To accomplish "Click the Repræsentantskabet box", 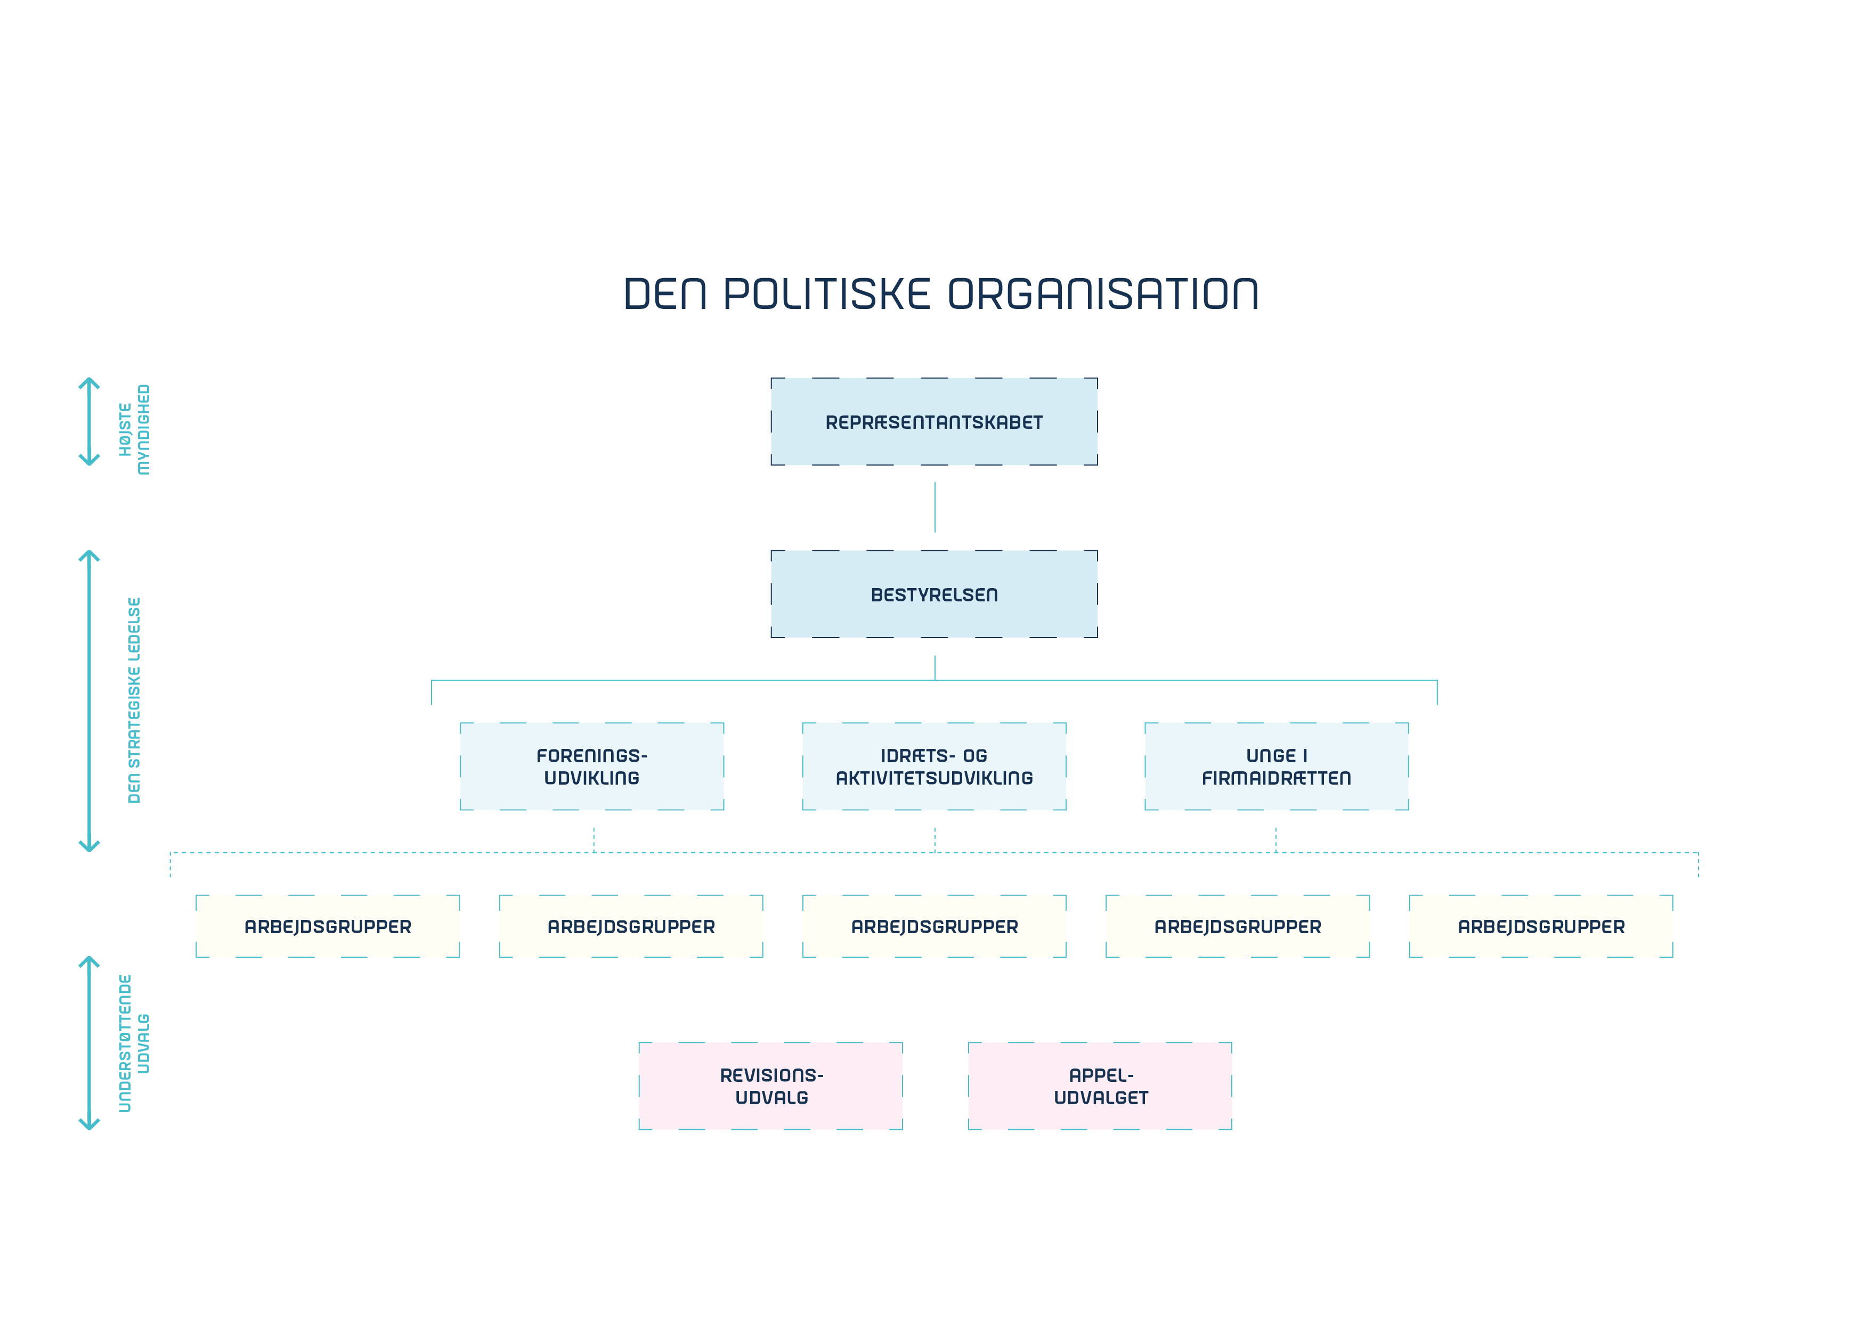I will pyautogui.click(x=933, y=422).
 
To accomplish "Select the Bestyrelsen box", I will pyautogui.click(x=933, y=594).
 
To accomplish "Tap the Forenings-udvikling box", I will pyautogui.click(x=592, y=766).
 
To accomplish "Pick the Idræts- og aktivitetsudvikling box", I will pyautogui.click(x=933, y=766).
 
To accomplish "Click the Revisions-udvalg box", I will pyautogui.click(x=770, y=1086).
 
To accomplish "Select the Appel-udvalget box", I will pyautogui.click(x=1100, y=1086).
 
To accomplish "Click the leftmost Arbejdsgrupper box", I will pyautogui.click(x=327, y=926).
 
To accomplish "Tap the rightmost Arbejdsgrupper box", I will pyautogui.click(x=1540, y=926).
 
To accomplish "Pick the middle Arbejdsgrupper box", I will pyautogui.click(x=933, y=926).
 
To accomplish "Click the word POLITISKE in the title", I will pyautogui.click(x=826, y=294).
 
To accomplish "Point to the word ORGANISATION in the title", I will pyautogui.click(x=1103, y=294).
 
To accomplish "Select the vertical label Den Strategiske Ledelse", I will pyautogui.click(x=134, y=700).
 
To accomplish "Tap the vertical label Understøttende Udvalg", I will pyautogui.click(x=134, y=1043).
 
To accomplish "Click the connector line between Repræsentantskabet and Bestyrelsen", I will pyautogui.click(x=935, y=507).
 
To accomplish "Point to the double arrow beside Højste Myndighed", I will pyautogui.click(x=89, y=422).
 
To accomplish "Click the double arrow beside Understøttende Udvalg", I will pyautogui.click(x=89, y=1043).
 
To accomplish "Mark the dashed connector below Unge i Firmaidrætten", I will pyautogui.click(x=1275, y=839).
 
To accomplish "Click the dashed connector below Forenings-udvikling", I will pyautogui.click(x=594, y=839).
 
